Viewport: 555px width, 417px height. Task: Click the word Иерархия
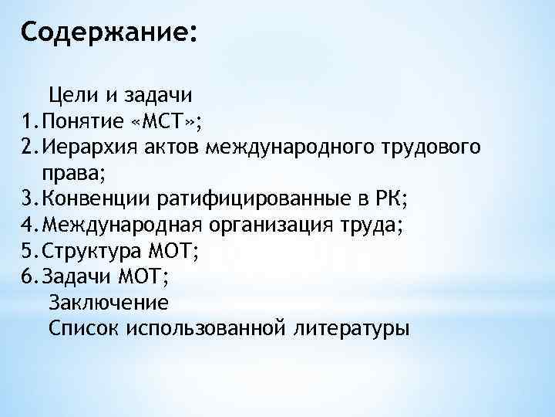(x=87, y=147)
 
